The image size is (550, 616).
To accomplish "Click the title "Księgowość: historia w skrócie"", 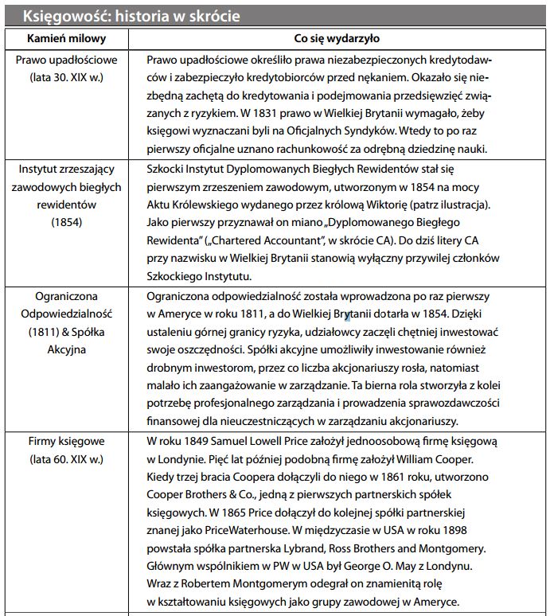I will pyautogui.click(x=131, y=16).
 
